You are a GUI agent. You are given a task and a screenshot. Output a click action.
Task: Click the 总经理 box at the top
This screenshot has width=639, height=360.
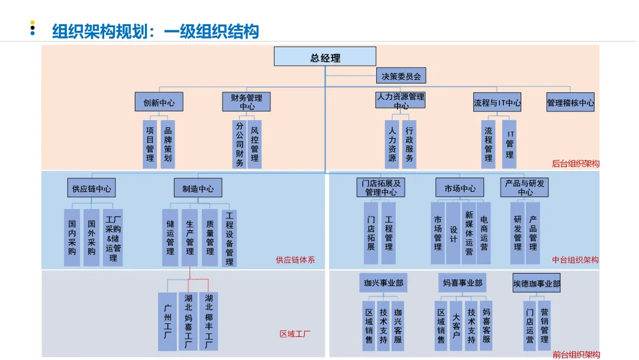[x=325, y=57]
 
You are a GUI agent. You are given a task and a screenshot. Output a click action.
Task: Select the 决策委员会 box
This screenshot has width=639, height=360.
[x=401, y=76]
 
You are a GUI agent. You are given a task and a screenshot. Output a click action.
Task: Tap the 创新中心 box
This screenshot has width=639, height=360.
[x=159, y=102]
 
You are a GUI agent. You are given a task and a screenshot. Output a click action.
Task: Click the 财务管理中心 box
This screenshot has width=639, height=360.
[x=247, y=102]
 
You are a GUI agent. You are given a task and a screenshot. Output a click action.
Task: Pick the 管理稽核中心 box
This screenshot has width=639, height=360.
[x=570, y=102]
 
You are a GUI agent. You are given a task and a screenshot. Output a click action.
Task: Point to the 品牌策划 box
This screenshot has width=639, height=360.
[x=168, y=144]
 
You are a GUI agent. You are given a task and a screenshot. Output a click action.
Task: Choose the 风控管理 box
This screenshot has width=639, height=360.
[x=254, y=144]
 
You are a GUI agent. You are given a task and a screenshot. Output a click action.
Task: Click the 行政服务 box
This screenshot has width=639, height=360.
[x=409, y=144]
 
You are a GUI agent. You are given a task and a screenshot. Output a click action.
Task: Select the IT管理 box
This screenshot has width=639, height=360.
[x=509, y=144]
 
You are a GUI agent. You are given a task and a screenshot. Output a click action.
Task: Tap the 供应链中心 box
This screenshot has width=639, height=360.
[x=91, y=188]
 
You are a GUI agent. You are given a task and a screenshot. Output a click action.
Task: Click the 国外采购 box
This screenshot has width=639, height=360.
[x=91, y=237]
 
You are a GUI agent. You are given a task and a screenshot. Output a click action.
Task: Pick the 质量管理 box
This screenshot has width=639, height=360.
[x=210, y=237]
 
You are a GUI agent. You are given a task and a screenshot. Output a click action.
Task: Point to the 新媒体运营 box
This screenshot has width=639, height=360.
[x=469, y=232]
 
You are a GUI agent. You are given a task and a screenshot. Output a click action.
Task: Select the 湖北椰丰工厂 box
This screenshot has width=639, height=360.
[x=208, y=321]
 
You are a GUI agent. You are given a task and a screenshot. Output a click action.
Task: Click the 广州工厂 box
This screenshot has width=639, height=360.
[x=167, y=321]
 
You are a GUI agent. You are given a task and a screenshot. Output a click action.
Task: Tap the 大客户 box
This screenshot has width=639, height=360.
[x=456, y=326]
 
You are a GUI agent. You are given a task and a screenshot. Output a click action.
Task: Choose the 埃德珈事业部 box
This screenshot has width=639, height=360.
[x=536, y=284]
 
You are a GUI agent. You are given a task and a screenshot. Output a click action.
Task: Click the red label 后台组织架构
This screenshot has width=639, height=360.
[x=575, y=163]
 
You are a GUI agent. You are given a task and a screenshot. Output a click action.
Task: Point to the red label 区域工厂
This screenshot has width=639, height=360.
[x=295, y=334]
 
